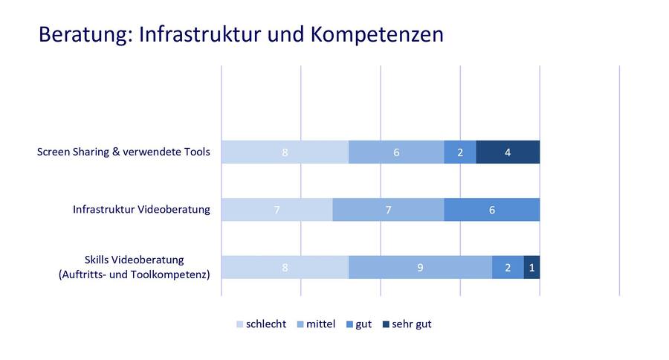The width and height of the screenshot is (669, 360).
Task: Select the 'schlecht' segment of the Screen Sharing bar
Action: (285, 152)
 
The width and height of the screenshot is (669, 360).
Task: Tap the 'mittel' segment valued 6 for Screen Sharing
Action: (396, 152)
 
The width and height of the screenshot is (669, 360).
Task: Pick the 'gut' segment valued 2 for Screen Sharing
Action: (460, 152)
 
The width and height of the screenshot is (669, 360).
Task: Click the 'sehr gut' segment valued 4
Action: (508, 152)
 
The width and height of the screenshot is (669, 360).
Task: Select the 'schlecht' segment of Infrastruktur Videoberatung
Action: (277, 210)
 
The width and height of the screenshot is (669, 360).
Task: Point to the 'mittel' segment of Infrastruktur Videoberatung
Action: (388, 210)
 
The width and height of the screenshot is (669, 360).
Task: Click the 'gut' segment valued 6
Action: (491, 210)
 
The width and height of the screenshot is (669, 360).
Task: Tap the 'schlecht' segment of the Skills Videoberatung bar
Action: (285, 267)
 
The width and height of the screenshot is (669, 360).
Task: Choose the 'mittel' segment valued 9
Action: (420, 267)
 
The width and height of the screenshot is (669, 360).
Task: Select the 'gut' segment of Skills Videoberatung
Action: (508, 267)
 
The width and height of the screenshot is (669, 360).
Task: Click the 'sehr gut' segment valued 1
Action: (531, 267)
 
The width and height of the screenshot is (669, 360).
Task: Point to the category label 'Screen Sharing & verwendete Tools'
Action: (123, 152)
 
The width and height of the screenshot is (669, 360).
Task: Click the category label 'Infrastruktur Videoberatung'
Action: (141, 210)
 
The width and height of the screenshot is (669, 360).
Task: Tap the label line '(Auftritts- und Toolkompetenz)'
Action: (134, 274)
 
